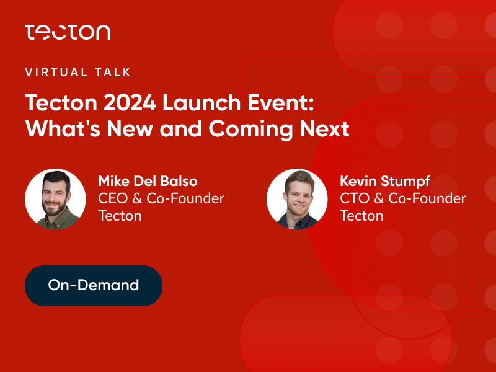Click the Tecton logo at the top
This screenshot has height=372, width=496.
[68, 32]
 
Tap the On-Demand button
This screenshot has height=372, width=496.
[94, 286]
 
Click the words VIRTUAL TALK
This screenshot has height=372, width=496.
[78, 72]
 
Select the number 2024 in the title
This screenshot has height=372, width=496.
[130, 103]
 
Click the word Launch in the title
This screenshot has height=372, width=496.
[202, 103]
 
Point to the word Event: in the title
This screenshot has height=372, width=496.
[281, 103]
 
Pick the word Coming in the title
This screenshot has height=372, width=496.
[250, 130]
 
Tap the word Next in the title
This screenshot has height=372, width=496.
[324, 129]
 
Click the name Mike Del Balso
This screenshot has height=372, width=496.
[148, 181]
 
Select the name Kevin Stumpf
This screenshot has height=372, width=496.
[384, 182]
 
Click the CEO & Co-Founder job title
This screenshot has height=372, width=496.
[161, 198]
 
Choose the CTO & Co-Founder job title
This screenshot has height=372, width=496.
[403, 198]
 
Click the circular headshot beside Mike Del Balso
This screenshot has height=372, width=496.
[55, 199]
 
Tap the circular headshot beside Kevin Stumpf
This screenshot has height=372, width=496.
[297, 199]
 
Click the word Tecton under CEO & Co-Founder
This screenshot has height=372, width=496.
[120, 216]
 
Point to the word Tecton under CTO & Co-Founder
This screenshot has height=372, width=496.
[361, 216]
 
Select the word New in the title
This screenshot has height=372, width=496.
[130, 129]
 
